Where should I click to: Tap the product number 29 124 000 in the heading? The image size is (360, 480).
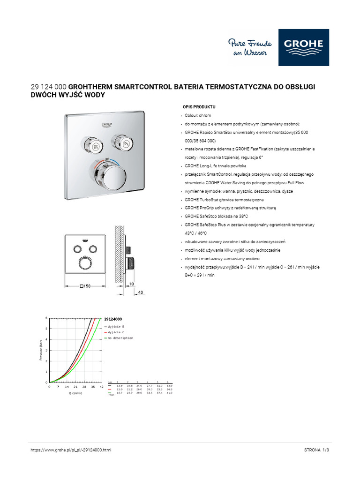click(x=48, y=87)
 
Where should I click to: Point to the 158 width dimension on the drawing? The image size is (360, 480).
click(x=85, y=285)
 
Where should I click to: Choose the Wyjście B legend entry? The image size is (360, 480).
click(x=116, y=326)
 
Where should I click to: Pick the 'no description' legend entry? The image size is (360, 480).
click(x=120, y=337)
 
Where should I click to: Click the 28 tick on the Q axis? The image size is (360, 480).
click(x=84, y=387)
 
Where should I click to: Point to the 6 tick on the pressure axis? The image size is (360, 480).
click(x=46, y=318)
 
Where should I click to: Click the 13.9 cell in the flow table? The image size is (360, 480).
click(x=119, y=385)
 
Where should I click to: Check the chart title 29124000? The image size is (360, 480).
click(x=112, y=319)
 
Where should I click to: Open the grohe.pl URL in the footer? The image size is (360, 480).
click(x=71, y=450)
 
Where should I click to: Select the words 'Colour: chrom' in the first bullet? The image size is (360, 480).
click(x=198, y=115)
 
